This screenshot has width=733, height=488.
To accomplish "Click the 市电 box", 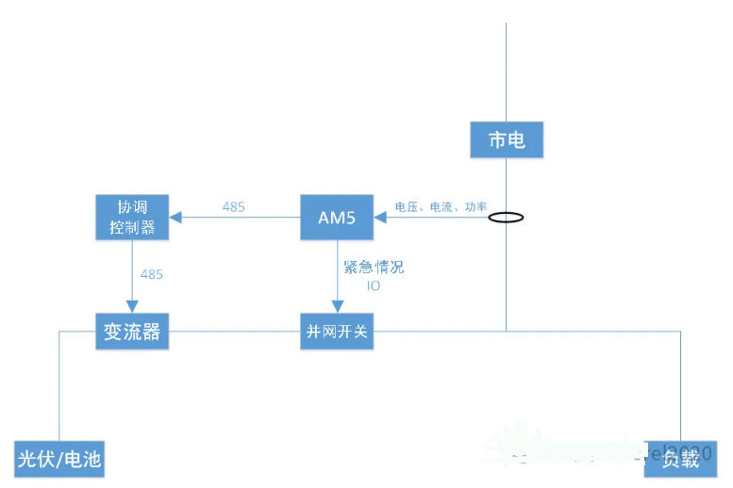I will point(508,141).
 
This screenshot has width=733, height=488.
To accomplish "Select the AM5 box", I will point(337,218).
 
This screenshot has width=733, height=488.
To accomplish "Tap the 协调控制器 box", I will point(132,217).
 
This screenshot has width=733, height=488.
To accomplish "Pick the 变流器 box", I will point(132,333).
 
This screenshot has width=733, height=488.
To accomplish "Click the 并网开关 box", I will point(337,333).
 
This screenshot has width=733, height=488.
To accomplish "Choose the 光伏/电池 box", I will point(58,459).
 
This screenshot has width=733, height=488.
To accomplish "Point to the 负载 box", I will point(680,459).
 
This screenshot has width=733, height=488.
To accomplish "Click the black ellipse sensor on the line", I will point(507,218).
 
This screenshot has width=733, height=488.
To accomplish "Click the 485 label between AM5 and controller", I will point(234,206).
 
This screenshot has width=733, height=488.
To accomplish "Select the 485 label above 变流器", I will point(151,274).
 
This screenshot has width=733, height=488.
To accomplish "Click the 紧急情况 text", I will point(374,267).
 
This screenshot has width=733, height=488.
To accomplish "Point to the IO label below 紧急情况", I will point(374,285).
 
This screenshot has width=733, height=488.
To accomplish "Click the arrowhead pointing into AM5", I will point(380,218).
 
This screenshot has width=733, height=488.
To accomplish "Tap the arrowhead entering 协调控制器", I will point(175,218).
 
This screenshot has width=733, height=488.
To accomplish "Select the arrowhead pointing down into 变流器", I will point(132,307).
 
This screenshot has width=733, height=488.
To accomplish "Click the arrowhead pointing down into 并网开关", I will point(337,307).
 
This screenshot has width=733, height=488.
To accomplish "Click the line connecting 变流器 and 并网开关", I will point(234,332).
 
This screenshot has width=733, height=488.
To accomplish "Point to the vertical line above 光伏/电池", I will point(58,386).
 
